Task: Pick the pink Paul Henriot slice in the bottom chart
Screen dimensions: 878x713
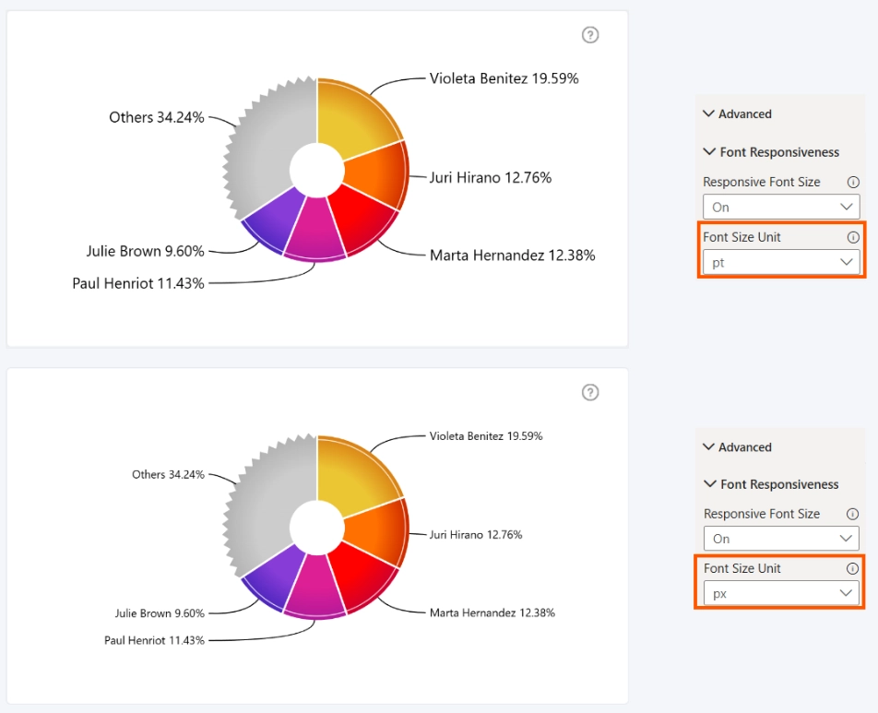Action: click(x=314, y=587)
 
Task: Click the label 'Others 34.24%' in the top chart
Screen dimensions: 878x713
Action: click(x=156, y=118)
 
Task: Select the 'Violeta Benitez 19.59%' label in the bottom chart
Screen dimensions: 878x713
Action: click(x=486, y=435)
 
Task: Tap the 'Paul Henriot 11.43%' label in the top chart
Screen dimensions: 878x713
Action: click(x=138, y=283)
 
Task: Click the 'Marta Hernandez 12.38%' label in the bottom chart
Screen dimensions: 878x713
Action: click(x=492, y=612)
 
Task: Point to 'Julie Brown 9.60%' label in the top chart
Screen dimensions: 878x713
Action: click(x=145, y=251)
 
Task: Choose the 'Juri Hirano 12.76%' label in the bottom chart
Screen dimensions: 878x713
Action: click(x=476, y=535)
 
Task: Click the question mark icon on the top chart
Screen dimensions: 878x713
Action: click(x=590, y=35)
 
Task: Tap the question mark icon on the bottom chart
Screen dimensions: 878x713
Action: click(x=590, y=392)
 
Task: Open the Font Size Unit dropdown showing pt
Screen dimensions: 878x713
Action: click(x=781, y=262)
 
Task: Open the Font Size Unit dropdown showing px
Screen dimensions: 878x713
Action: click(x=781, y=593)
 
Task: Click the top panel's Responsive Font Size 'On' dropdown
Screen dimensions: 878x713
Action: click(x=781, y=207)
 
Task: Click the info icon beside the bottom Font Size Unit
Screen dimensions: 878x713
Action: click(x=852, y=568)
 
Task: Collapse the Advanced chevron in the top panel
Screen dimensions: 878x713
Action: click(x=708, y=113)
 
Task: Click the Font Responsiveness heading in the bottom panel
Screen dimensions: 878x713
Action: click(x=779, y=484)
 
